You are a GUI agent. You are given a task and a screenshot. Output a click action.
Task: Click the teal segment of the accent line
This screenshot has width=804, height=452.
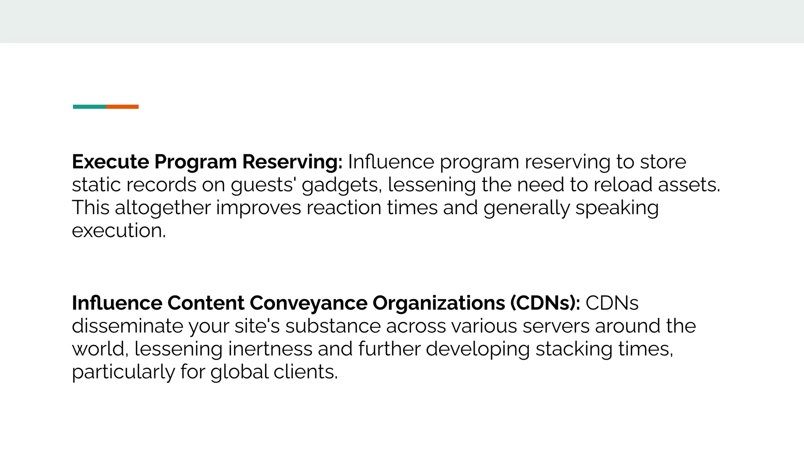pyautogui.click(x=89, y=107)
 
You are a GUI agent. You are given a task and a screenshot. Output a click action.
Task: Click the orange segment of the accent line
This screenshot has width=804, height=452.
pyautogui.click(x=122, y=107)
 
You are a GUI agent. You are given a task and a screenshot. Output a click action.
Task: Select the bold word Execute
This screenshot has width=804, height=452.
pyautogui.click(x=110, y=162)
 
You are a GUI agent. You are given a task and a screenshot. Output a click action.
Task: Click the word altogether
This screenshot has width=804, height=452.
pyautogui.click(x=163, y=208)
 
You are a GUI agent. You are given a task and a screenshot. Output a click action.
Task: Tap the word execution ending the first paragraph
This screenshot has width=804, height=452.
pyautogui.click(x=119, y=230)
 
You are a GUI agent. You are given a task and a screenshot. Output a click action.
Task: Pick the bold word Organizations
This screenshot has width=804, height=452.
pyautogui.click(x=439, y=303)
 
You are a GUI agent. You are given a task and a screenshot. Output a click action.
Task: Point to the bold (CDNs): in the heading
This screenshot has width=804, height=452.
pyautogui.click(x=545, y=303)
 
